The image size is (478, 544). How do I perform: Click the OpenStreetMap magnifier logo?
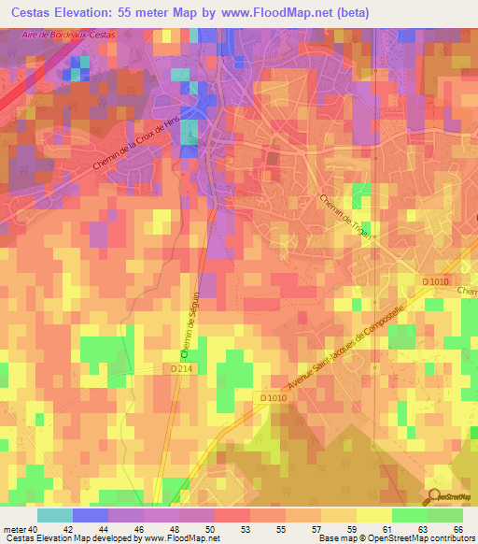tap(434, 497)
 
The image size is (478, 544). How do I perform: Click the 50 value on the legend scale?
tap(213, 529)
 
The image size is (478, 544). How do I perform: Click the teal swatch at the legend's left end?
tap(55, 515)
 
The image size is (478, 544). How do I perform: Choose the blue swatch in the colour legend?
tap(91, 515)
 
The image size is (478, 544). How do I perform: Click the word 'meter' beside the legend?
tap(13, 529)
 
